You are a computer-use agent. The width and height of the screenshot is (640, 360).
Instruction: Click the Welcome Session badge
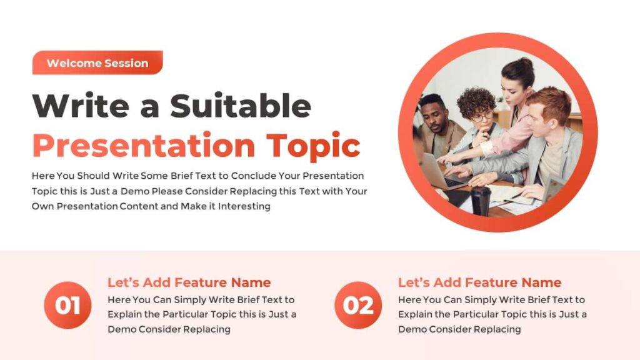click(97, 63)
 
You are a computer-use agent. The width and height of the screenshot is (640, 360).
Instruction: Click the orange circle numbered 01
click(67, 306)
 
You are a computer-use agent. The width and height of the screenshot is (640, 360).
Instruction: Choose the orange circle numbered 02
click(358, 306)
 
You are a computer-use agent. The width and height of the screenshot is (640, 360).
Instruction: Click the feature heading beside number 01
click(189, 282)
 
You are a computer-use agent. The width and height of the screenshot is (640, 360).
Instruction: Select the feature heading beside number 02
click(479, 282)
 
